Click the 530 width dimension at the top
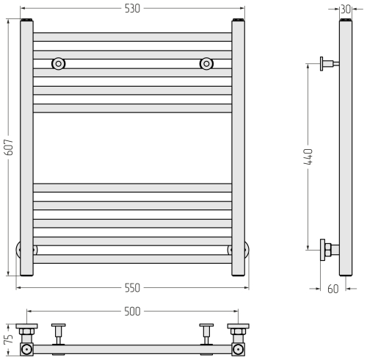pos(132,9)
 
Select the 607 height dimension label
pos(9,147)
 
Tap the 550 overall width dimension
pos(132,288)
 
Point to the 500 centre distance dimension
pos(132,312)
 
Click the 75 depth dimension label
pos(9,339)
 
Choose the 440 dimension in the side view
pos(309,156)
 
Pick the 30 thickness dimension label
pos(346,10)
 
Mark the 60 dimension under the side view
pos(333,289)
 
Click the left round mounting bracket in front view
pos(58,64)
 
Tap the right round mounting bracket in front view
pos(206,64)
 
